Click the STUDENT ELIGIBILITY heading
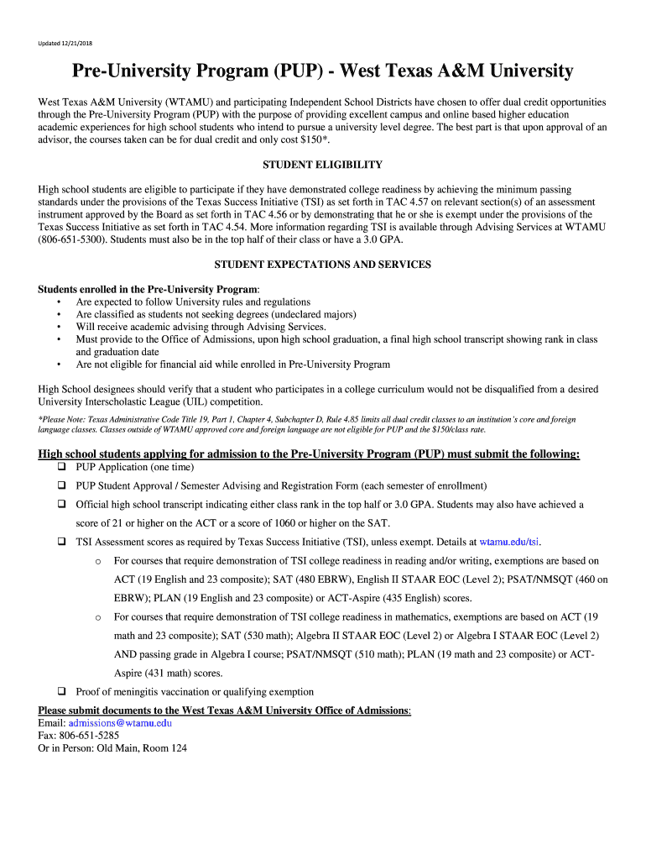(323, 165)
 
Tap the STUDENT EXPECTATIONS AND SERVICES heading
(323, 265)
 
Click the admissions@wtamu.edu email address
(120, 722)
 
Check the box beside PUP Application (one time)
(61, 467)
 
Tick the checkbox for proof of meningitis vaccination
(61, 691)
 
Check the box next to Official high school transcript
(61, 505)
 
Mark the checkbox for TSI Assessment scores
(61, 542)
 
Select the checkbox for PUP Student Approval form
(61, 485)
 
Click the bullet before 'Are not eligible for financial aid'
(59, 364)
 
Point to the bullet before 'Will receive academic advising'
(59, 327)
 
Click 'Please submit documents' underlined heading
(224, 711)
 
